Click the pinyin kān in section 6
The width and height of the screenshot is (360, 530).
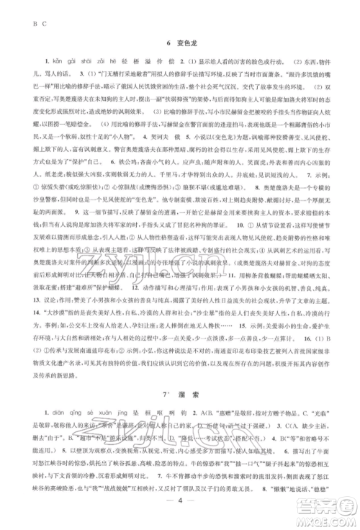click(42, 60)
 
